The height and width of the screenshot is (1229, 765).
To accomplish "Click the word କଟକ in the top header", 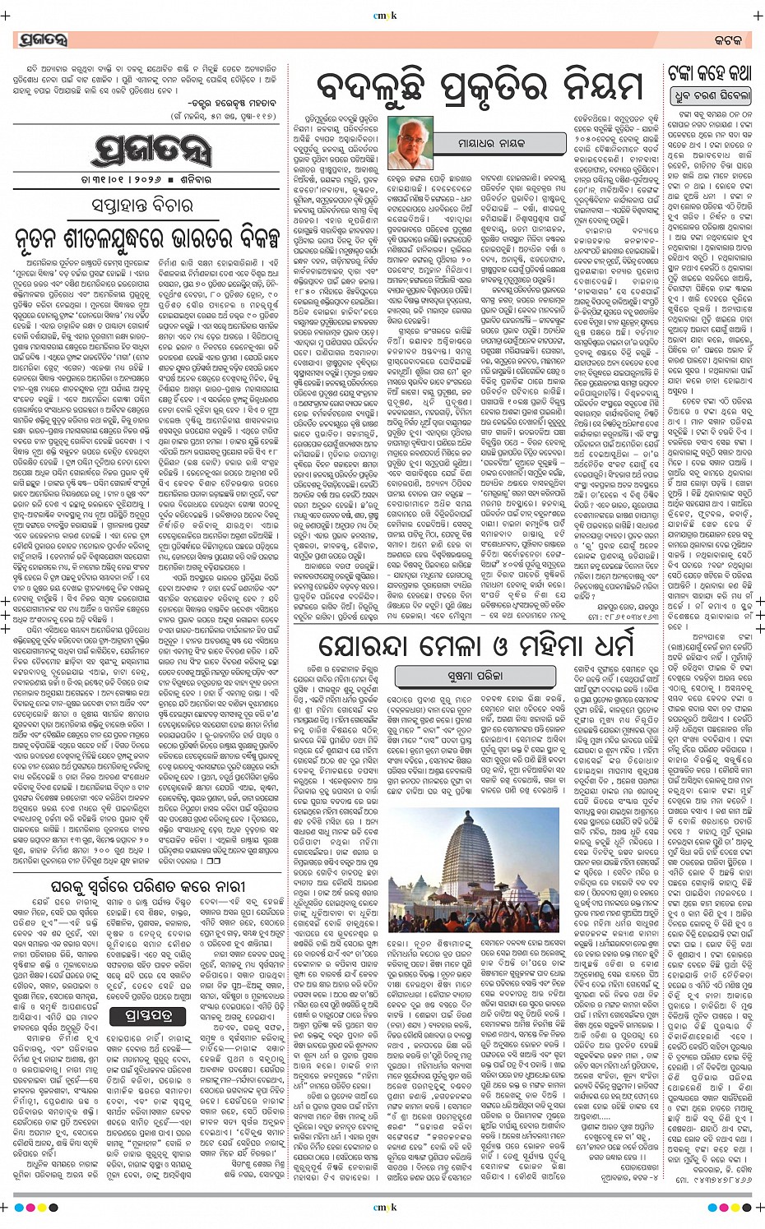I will click(x=728, y=39).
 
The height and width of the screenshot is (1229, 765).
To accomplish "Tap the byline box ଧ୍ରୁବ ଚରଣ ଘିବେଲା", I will click(x=711, y=96).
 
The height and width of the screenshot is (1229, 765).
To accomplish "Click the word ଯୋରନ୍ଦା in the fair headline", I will click(x=374, y=647).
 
